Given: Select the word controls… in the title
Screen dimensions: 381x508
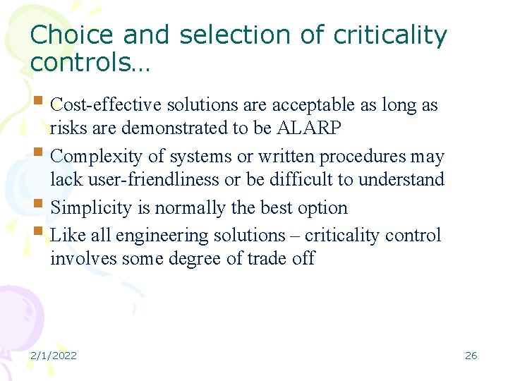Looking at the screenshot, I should [x=90, y=63].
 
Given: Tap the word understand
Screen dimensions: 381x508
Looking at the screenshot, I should [x=401, y=180].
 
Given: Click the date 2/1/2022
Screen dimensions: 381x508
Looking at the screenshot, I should [x=54, y=356].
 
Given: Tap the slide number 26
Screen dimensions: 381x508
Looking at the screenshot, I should [x=471, y=356].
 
